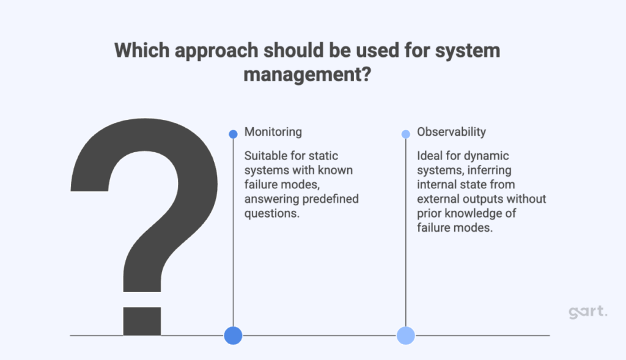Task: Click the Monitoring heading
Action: (x=273, y=132)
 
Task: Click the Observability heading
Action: (x=452, y=132)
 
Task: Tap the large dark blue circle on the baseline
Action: (x=233, y=335)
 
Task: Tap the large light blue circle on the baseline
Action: (x=406, y=335)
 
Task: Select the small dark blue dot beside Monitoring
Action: (x=233, y=134)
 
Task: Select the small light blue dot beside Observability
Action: (x=406, y=134)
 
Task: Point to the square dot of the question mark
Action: (x=142, y=320)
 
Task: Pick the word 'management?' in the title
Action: (x=306, y=77)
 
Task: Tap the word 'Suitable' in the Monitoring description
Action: (x=263, y=156)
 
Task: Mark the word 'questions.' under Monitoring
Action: (x=270, y=213)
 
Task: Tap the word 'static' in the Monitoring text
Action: (x=323, y=156)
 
